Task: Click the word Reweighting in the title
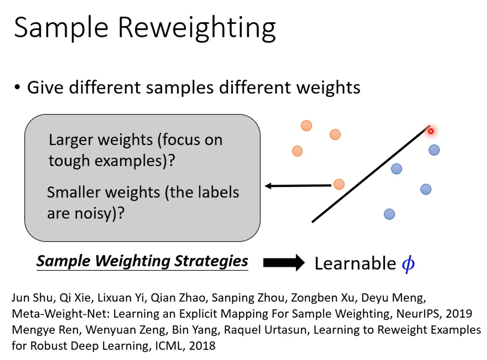(x=196, y=28)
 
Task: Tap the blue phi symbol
(x=408, y=264)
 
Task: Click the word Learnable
(x=355, y=263)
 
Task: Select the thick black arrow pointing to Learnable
(x=283, y=263)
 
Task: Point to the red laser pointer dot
(x=431, y=131)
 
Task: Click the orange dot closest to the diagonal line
(x=339, y=184)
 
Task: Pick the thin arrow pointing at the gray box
(x=298, y=186)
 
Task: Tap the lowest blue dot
(x=389, y=214)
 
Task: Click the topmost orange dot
(x=306, y=126)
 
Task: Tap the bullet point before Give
(x=17, y=88)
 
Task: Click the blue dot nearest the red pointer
(x=434, y=150)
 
